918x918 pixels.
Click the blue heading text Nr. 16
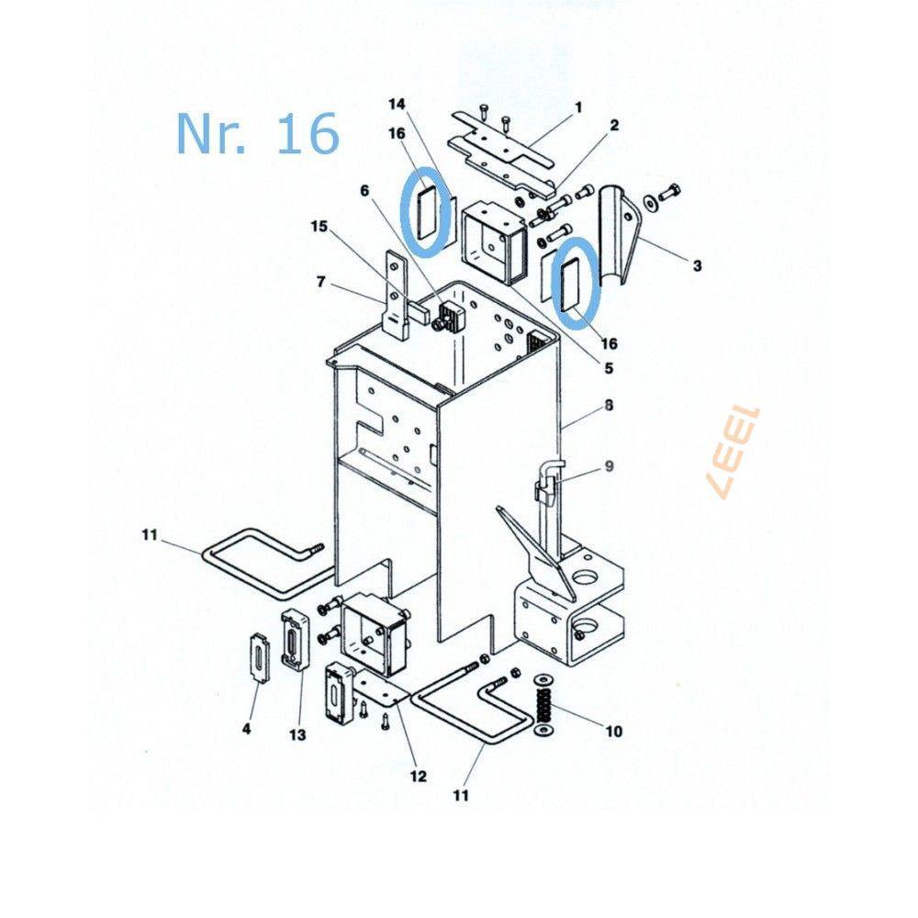[x=258, y=134]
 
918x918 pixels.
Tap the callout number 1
[x=578, y=107]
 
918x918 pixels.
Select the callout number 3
[x=697, y=265]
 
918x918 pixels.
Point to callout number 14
[x=397, y=104]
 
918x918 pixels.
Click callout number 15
[x=319, y=226]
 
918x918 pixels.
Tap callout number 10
[x=613, y=731]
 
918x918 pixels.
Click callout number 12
[x=418, y=777]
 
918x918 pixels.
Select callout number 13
[x=297, y=734]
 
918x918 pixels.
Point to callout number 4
[x=246, y=728]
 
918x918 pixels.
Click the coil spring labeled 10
[x=544, y=706]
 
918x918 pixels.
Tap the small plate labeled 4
[x=258, y=657]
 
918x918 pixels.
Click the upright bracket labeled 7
[x=396, y=295]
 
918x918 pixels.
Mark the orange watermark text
[x=733, y=452]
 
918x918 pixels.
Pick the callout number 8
[x=609, y=405]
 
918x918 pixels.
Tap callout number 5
[x=609, y=367]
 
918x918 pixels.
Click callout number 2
[x=613, y=125]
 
